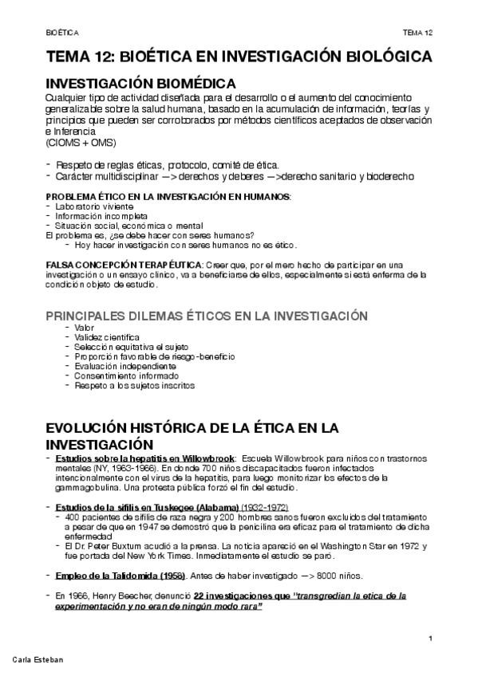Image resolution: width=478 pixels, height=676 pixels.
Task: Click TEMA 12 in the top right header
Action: [x=417, y=32]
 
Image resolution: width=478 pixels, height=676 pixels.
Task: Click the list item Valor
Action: [x=84, y=328]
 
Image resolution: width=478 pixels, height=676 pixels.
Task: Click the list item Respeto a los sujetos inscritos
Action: [x=134, y=385]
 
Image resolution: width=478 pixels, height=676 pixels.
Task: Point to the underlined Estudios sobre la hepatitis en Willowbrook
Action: [x=145, y=459]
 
